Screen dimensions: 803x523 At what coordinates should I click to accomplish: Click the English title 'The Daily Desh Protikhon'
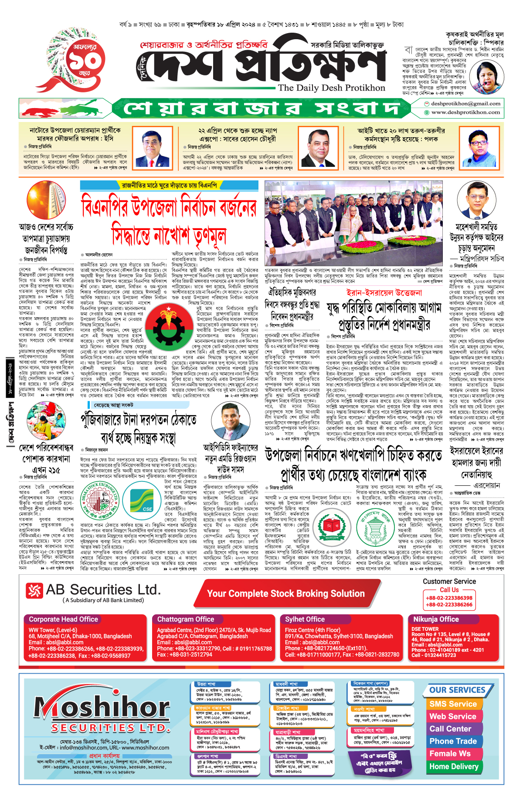pyautogui.click(x=331, y=88)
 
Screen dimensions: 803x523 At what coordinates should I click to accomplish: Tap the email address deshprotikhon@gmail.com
pyautogui.click(x=465, y=104)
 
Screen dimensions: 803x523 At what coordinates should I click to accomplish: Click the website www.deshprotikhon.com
pyautogui.click(x=465, y=112)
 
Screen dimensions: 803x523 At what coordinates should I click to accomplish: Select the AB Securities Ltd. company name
pyautogui.click(x=103, y=590)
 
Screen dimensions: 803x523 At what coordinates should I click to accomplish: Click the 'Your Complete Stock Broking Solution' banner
pyautogui.click(x=285, y=593)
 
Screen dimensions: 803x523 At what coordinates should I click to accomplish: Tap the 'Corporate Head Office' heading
pyautogui.click(x=64, y=619)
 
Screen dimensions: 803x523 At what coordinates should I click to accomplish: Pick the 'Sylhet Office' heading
pyautogui.click(x=305, y=619)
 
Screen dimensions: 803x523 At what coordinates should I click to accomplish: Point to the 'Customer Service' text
pyautogui.click(x=449, y=581)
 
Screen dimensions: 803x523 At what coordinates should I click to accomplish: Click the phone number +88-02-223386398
pyautogui.click(x=449, y=598)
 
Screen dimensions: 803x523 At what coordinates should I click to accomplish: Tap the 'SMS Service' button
pyautogui.click(x=453, y=704)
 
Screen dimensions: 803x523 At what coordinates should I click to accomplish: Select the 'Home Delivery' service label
pyautogui.click(x=454, y=766)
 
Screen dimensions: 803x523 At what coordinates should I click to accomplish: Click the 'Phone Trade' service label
pyautogui.click(x=453, y=741)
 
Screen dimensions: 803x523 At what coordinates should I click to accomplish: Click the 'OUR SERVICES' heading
pyautogui.click(x=457, y=690)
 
